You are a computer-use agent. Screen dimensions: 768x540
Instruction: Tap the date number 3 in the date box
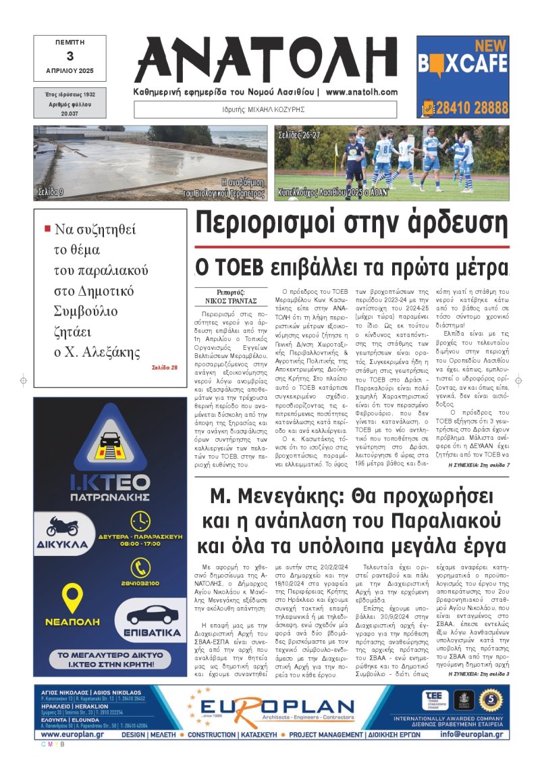[70, 57]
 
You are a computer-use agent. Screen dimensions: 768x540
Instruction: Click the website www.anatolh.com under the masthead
[362, 92]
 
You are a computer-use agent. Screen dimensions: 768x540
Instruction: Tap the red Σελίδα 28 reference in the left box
[165, 367]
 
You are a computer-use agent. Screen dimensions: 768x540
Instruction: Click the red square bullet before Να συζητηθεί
[47, 228]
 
